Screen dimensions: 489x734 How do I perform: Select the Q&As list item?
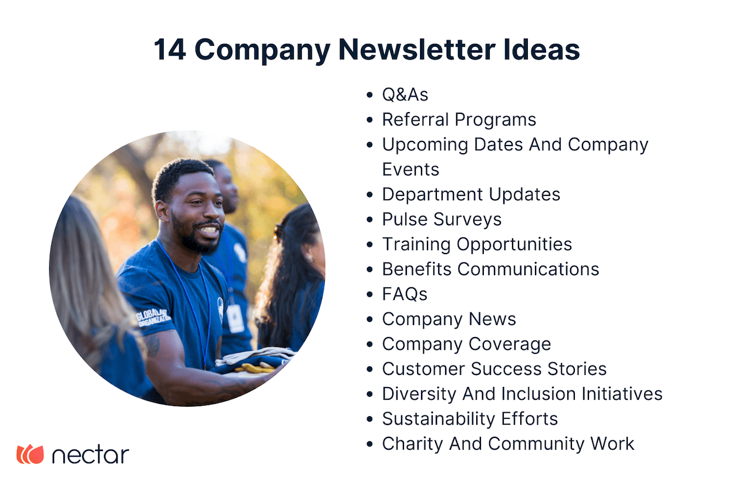pos(405,95)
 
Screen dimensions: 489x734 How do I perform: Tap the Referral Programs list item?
pos(459,120)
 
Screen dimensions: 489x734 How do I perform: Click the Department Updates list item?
pos(471,194)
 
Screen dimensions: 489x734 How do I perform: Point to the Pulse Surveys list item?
pos(442,220)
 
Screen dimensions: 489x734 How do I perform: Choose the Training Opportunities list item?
pos(477,244)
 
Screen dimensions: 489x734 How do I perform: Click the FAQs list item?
pos(405,294)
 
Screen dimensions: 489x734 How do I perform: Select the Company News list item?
pos(449,319)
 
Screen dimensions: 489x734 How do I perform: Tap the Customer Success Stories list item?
pos(494,369)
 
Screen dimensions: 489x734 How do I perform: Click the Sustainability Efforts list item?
pos(470,419)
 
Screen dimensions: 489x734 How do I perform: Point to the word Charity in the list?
pos(412,444)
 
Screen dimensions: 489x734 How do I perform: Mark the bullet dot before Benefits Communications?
pos(369,269)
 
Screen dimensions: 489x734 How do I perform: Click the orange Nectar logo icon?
pos(30,454)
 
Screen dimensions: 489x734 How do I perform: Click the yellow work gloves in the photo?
pos(255,367)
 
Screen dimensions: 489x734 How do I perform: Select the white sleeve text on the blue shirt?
pos(153,316)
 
